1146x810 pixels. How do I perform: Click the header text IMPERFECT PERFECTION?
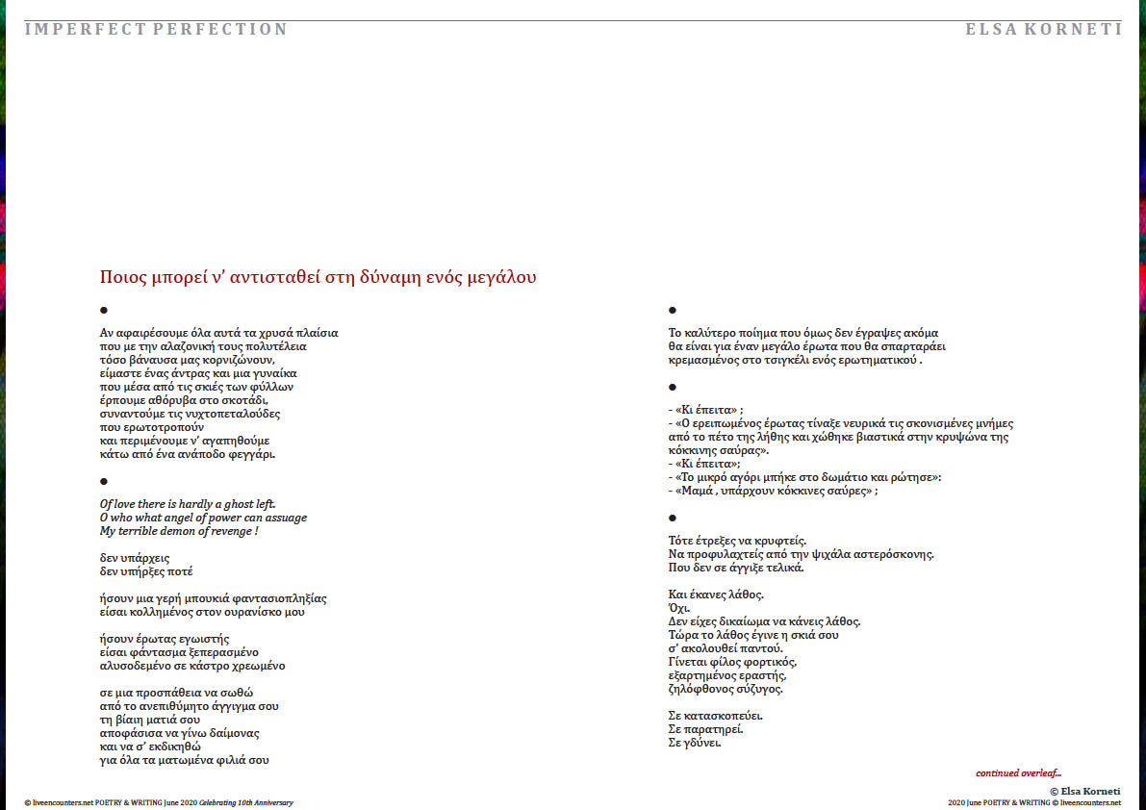(x=156, y=29)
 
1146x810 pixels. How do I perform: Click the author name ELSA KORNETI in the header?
(x=1043, y=29)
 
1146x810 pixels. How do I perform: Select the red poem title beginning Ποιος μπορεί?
(x=318, y=277)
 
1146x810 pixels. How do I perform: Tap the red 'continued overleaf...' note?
(x=1018, y=772)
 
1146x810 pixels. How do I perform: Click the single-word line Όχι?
(x=678, y=608)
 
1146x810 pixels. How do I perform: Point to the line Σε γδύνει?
(x=694, y=743)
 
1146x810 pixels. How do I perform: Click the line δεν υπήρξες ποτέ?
(x=146, y=571)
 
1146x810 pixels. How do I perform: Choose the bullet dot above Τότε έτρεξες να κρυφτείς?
(x=673, y=519)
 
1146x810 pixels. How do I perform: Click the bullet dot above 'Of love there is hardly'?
(x=104, y=481)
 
